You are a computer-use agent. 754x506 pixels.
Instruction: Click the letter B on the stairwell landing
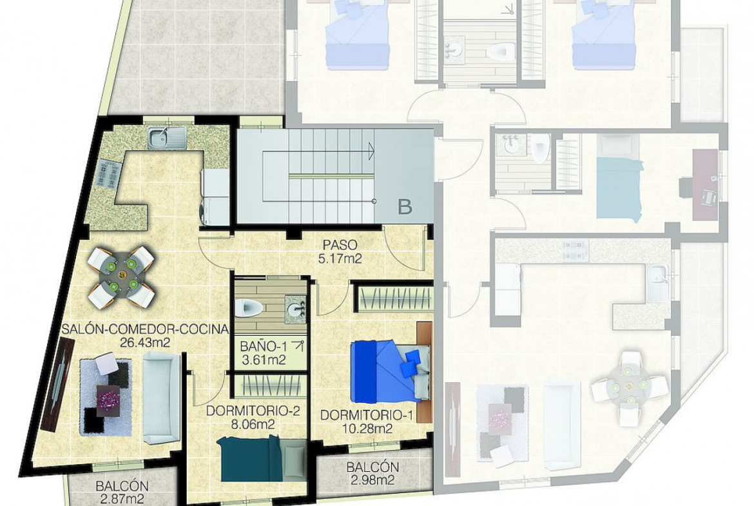click(405, 207)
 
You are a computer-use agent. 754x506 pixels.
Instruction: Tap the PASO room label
click(340, 246)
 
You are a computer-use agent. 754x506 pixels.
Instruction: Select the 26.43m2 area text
click(145, 342)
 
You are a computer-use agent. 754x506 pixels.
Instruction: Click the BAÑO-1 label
click(262, 346)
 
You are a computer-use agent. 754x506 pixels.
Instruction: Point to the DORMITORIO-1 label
click(367, 415)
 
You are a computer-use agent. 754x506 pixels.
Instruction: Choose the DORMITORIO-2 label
click(253, 411)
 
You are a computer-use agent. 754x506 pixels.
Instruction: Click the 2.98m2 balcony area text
click(372, 480)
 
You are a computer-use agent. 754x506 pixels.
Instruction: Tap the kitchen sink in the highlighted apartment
click(167, 137)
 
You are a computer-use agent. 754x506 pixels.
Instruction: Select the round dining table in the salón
click(121, 277)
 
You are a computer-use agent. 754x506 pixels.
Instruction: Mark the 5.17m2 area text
click(340, 258)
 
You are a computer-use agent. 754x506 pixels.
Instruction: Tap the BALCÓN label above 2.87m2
click(122, 486)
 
